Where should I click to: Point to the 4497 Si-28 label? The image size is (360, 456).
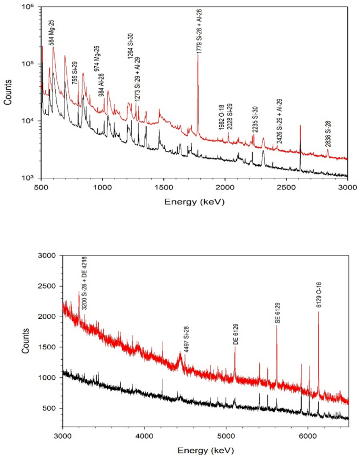tap(187, 339)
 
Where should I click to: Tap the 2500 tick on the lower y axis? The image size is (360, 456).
tap(47, 286)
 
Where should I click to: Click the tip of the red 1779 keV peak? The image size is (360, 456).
tap(198, 54)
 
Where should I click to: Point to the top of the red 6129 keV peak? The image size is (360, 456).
tap(318, 312)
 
